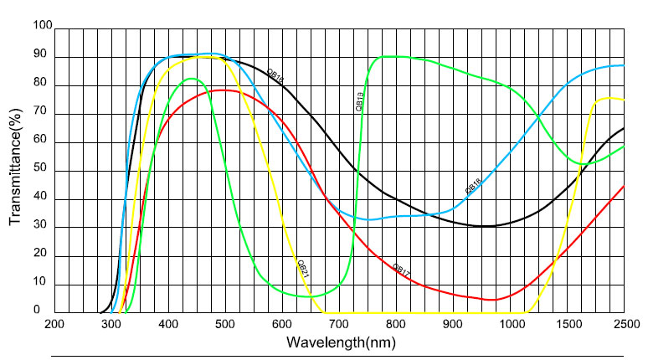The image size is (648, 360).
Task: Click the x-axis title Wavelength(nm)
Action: (x=339, y=342)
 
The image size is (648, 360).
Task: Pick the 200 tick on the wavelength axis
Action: (x=54, y=324)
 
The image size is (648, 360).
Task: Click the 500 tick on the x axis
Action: (x=225, y=324)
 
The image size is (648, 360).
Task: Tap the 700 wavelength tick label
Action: (x=338, y=324)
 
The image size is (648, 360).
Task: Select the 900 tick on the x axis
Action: (x=453, y=324)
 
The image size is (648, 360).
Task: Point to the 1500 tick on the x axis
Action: (x=567, y=324)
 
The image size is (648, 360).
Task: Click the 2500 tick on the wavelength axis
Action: (x=624, y=324)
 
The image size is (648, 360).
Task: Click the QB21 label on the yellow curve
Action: (x=303, y=269)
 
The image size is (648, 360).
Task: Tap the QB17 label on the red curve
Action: (x=402, y=270)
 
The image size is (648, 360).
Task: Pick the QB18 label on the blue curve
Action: (x=473, y=186)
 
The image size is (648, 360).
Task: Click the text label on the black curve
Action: (x=275, y=75)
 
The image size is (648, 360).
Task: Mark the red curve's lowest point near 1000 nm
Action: (x=491, y=300)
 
